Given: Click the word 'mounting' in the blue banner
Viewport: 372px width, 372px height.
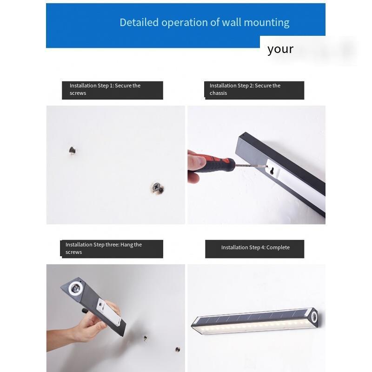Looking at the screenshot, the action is (266, 23).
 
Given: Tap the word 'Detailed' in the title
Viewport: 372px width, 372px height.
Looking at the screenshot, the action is (139, 22).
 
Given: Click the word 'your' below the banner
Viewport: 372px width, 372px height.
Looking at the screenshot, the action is (280, 49).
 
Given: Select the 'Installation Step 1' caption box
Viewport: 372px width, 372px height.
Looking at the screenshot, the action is (113, 90).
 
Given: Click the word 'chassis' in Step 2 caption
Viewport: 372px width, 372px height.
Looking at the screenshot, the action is (218, 93).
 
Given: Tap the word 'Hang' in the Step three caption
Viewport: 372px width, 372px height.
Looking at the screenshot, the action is (126, 245).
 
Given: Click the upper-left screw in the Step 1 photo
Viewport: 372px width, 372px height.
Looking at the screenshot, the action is (73, 150).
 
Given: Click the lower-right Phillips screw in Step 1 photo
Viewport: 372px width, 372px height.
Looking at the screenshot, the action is (157, 188).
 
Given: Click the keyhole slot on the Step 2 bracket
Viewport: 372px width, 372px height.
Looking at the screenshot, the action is (272, 170).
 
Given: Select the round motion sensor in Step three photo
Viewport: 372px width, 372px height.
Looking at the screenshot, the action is (76, 289).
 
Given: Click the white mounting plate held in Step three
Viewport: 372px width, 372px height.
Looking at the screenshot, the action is (109, 312).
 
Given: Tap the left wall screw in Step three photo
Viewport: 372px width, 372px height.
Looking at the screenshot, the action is (145, 338).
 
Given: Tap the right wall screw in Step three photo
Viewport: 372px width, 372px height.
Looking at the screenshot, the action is (178, 349).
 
